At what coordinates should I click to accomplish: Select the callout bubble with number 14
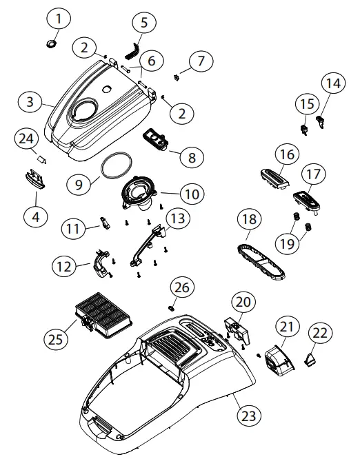333,85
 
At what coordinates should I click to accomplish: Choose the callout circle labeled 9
79,184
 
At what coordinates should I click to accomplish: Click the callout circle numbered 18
250,221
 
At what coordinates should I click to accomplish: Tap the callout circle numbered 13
177,219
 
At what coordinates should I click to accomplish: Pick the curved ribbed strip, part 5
130,49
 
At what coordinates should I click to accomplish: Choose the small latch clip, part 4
33,178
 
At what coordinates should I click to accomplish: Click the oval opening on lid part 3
86,109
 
